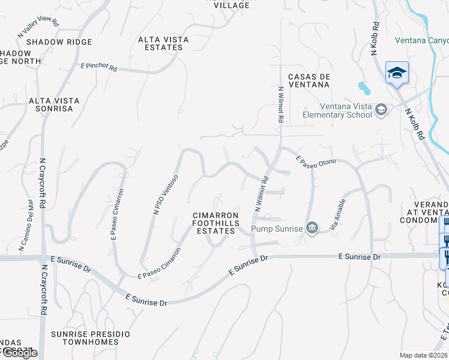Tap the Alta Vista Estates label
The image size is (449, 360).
tap(163, 44)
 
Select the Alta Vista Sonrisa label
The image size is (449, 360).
tap(51, 104)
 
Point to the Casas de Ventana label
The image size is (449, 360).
tap(310, 81)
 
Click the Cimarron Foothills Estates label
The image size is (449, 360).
tap(215, 223)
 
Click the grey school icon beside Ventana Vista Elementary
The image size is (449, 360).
tap(381, 110)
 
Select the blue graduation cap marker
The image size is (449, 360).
tap(397, 73)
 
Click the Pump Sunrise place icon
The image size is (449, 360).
tap(312, 227)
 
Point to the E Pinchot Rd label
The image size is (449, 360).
tap(98, 65)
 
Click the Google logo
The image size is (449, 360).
tap(19, 353)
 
